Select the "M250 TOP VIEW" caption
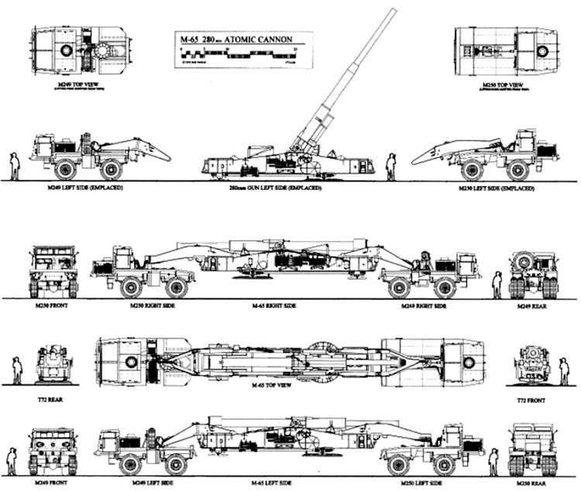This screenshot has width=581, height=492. click(x=504, y=84)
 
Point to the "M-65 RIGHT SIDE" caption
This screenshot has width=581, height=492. click(x=290, y=307)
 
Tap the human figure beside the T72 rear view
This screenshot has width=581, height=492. click(x=16, y=370)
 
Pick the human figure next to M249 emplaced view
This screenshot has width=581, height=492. click(x=14, y=166)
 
